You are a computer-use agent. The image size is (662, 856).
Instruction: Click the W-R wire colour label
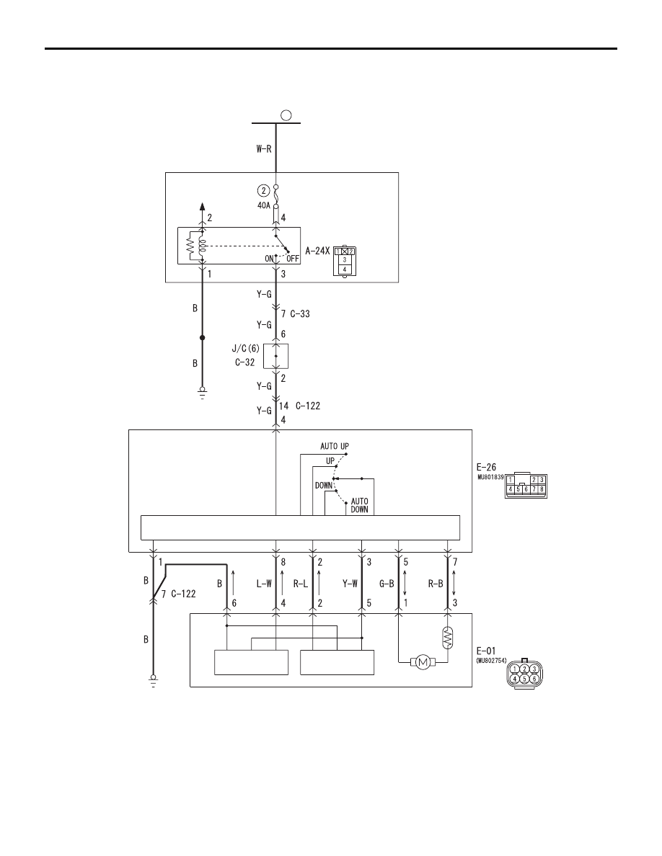click(264, 148)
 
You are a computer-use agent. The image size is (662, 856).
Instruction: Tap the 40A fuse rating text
click(264, 205)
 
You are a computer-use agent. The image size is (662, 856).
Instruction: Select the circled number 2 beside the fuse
click(264, 190)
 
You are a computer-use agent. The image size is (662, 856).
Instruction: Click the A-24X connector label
click(317, 251)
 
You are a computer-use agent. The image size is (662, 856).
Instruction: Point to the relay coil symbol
click(202, 246)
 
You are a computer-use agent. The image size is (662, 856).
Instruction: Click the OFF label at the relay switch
click(293, 259)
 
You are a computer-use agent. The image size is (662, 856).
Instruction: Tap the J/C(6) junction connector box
click(275, 356)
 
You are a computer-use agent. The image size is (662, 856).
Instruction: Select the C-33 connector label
click(300, 314)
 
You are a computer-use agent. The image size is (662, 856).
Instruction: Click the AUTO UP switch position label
click(335, 446)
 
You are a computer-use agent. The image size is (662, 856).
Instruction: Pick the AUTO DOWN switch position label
click(359, 505)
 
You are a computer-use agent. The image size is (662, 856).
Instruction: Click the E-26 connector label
click(486, 468)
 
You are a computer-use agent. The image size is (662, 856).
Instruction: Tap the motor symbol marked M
click(422, 663)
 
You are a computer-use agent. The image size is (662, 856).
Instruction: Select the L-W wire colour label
click(264, 584)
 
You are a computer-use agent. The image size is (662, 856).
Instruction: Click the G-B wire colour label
click(387, 584)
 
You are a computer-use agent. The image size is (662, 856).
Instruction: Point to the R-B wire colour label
click(436, 584)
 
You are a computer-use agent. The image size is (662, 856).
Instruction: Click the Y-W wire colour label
click(350, 584)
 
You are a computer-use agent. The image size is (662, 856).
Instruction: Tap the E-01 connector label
click(486, 650)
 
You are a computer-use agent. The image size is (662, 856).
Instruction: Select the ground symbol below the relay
click(202, 393)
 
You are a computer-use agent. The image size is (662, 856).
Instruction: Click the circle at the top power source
click(286, 115)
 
